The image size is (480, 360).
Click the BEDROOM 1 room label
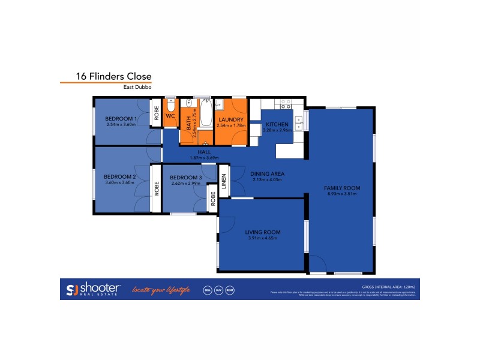[121, 119]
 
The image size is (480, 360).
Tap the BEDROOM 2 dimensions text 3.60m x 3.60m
[119, 182]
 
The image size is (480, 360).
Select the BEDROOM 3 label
[185, 178]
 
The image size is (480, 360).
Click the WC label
[170, 115]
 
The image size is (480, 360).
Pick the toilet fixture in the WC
[170, 104]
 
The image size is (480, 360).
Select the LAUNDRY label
[231, 120]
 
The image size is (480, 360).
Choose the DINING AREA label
[268, 173]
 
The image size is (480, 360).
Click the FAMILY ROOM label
[343, 188]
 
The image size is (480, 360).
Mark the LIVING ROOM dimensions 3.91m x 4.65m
[263, 238]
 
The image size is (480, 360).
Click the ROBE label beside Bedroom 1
[156, 114]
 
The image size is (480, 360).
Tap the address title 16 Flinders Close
[113, 77]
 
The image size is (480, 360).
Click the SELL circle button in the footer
[207, 290]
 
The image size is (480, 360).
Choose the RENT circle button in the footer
[230, 290]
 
